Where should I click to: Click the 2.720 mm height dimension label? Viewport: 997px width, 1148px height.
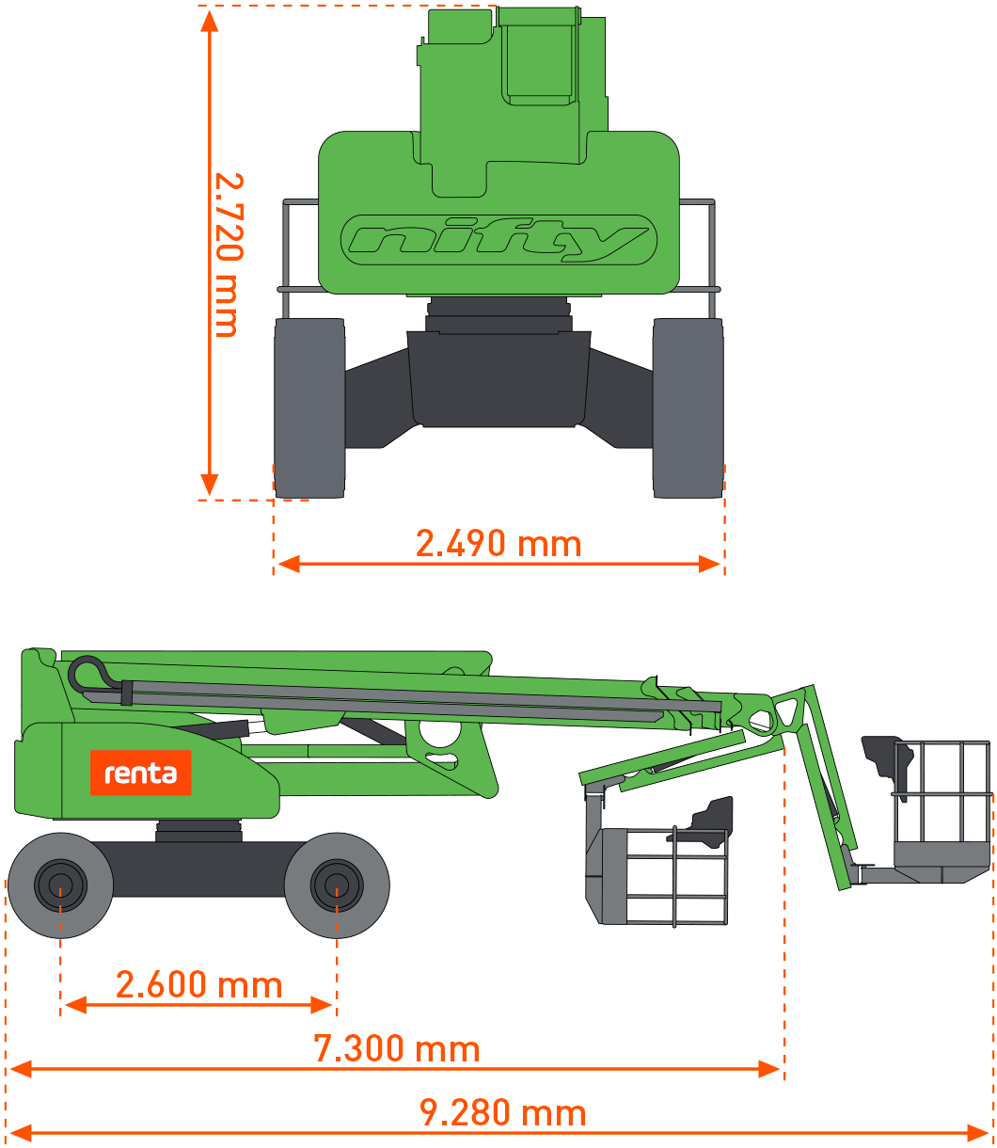coord(229,255)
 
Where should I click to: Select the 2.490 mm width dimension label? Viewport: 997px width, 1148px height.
coord(498,544)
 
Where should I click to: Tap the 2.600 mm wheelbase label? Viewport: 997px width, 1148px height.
coord(198,984)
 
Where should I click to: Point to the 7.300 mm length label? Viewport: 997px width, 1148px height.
coord(396,1048)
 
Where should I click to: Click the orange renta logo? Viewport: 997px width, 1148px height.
coord(141,773)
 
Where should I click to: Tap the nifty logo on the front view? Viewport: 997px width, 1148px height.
coord(498,240)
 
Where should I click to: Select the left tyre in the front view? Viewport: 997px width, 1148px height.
coord(309,407)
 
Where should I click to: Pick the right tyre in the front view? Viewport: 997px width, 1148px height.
coord(688,407)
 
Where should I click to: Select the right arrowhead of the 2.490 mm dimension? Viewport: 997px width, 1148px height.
coord(709,564)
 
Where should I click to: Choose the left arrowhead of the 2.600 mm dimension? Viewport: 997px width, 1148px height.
coord(75,1005)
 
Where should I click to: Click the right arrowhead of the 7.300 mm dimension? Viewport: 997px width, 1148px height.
coord(768,1069)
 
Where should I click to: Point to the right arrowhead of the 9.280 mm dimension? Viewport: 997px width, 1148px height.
coord(977,1133)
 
